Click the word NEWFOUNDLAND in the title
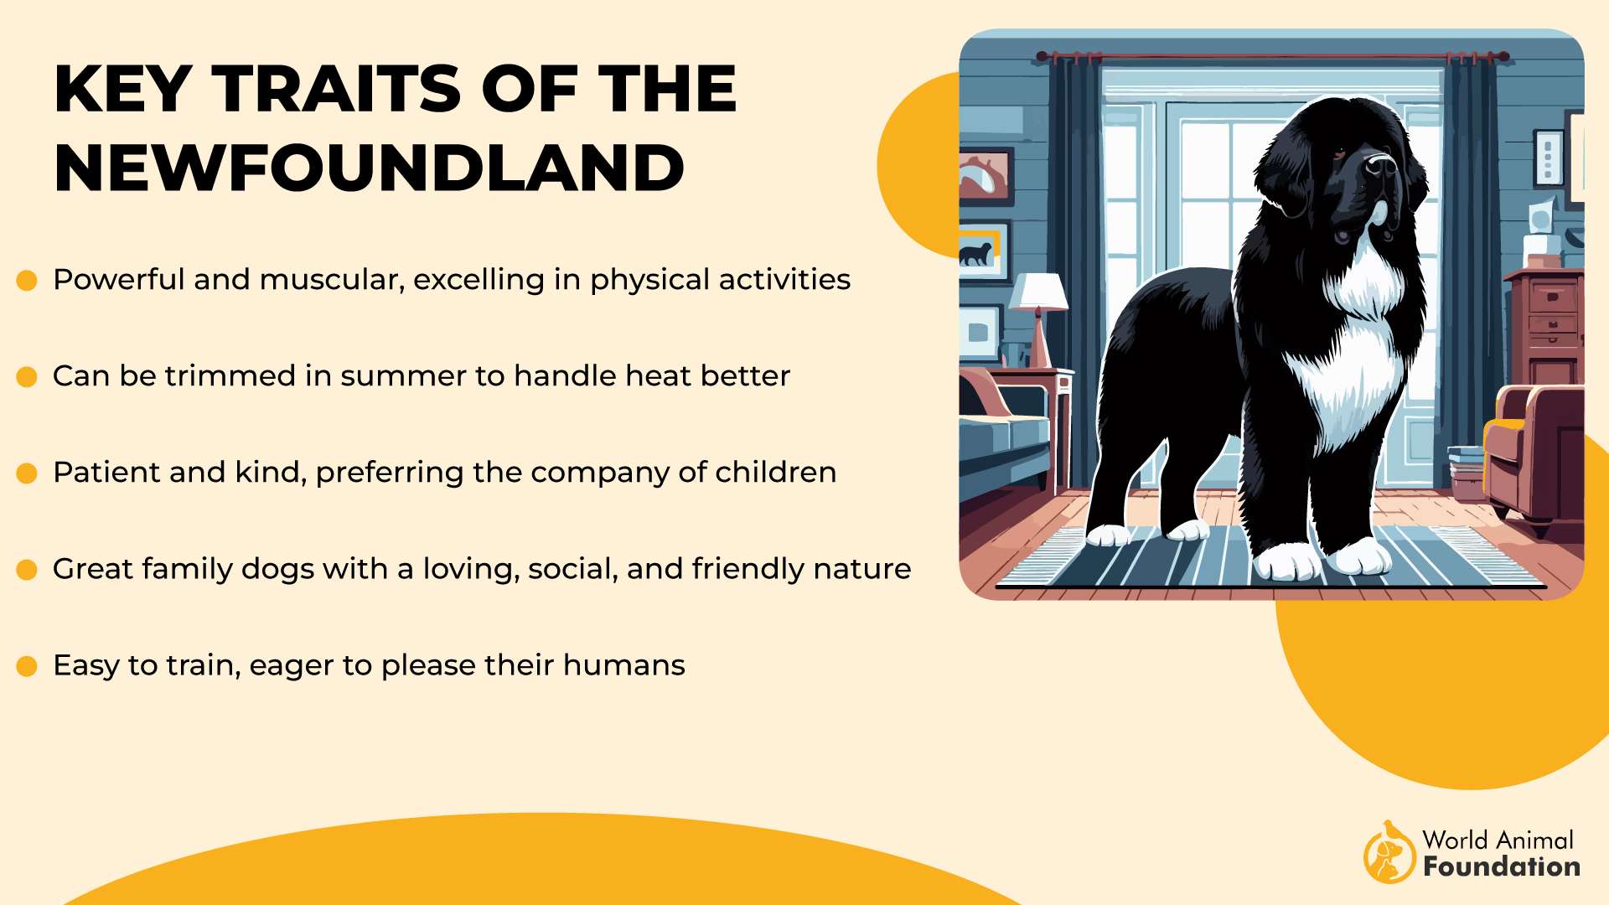(x=370, y=168)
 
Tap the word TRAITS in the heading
(x=336, y=89)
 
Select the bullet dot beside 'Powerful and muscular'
(x=27, y=280)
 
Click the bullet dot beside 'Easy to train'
(x=27, y=666)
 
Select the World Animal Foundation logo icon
(x=1389, y=853)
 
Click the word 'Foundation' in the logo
(x=1502, y=866)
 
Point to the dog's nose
(x=1379, y=163)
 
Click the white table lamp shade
(x=1038, y=292)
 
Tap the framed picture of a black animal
(x=982, y=251)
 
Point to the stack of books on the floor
(x=1466, y=473)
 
